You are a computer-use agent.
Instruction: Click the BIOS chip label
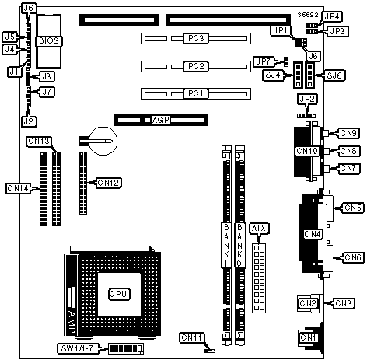[49, 40]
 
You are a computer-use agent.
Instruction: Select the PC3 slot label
[196, 38]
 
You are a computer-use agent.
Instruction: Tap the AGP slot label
[160, 120]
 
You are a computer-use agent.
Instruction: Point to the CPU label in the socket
[119, 294]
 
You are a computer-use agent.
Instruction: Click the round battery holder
[103, 141]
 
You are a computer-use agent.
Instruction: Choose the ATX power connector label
[259, 229]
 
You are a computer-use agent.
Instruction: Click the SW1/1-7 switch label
[79, 348]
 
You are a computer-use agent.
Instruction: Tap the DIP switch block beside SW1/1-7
[126, 349]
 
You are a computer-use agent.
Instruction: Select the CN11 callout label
[192, 337]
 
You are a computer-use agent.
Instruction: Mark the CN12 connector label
[109, 183]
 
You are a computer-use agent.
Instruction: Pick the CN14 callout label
[18, 188]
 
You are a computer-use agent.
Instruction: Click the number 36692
[308, 15]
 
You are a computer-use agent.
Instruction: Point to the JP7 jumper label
[264, 61]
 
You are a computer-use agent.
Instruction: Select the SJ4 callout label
[273, 75]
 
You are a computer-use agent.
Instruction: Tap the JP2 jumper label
[307, 99]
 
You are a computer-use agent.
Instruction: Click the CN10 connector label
[307, 151]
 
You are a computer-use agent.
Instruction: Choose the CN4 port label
[313, 234]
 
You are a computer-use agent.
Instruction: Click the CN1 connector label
[308, 337]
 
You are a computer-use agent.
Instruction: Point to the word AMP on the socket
[72, 322]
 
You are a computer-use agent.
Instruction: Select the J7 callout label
[47, 92]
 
